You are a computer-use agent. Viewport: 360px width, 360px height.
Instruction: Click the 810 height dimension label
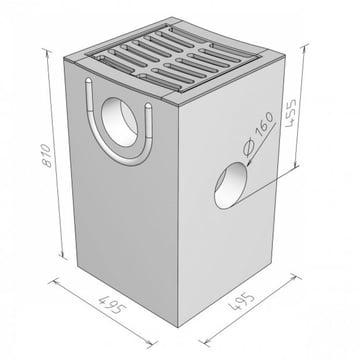[x=48, y=155]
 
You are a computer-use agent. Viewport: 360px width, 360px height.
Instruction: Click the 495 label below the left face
[x=111, y=304]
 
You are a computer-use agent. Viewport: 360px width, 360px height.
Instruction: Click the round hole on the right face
[x=230, y=185]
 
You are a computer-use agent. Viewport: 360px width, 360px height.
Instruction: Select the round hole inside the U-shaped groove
[x=119, y=123]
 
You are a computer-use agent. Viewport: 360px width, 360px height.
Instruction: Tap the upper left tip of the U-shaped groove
[x=88, y=80]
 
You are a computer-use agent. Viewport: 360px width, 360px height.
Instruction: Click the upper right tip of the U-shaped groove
[x=148, y=106]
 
